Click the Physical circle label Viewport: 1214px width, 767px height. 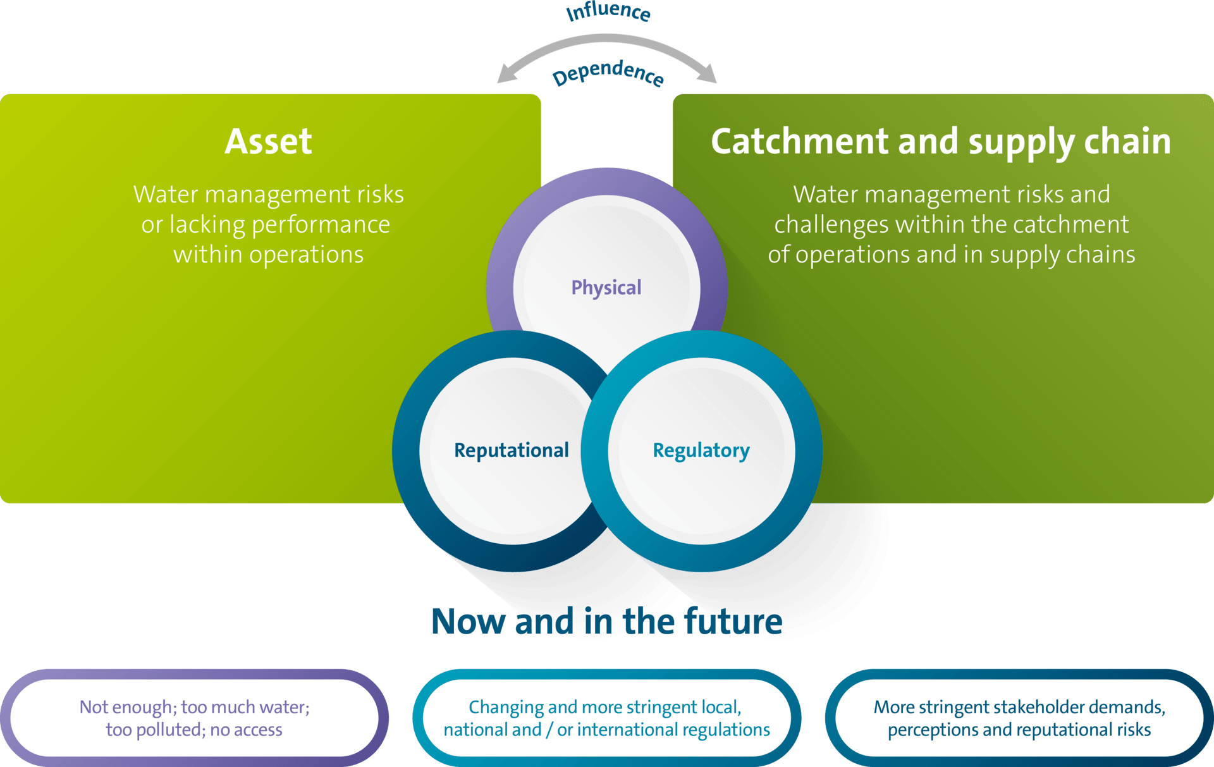(x=606, y=288)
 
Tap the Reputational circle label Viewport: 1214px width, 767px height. (x=512, y=450)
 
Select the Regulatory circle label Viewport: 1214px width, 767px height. (x=701, y=450)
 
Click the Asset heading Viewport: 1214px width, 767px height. (x=268, y=141)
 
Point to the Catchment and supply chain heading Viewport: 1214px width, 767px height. (x=941, y=141)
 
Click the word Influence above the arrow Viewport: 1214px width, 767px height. (x=608, y=11)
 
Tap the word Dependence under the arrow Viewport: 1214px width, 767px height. (x=608, y=73)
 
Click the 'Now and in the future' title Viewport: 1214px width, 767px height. (x=606, y=622)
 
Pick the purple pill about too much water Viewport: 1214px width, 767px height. (x=194, y=718)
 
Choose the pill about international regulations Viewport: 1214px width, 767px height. (x=606, y=718)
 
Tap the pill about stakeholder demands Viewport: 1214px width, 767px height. (x=1019, y=718)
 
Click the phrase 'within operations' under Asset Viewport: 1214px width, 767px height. (x=268, y=254)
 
